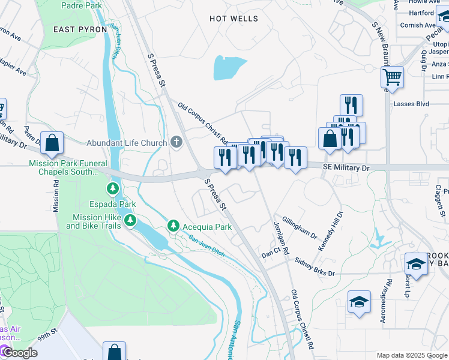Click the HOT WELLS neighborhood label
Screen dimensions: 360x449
234,19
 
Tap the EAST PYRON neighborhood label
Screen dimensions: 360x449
80,29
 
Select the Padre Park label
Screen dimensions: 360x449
82,5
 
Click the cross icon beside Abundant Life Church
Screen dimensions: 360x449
176,142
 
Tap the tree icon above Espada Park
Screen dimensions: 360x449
113,190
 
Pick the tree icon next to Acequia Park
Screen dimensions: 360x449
173,226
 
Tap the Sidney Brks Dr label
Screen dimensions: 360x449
315,268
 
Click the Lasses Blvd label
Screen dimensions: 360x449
411,104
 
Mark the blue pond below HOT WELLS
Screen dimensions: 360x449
229,68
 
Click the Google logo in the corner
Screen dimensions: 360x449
19,353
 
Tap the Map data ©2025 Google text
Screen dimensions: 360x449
411,355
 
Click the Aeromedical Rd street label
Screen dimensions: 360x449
385,301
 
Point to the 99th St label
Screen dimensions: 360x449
49,332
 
